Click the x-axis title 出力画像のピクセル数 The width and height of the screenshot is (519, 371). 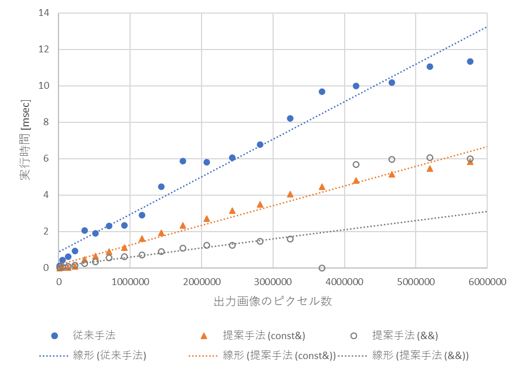(273, 302)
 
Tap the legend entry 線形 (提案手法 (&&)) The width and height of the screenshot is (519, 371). (420, 356)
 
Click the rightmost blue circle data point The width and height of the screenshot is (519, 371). (470, 61)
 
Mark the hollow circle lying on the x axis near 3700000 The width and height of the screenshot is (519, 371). (322, 268)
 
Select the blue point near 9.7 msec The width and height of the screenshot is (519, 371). (322, 92)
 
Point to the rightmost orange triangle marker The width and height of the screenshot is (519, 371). (470, 162)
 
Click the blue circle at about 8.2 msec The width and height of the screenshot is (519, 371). (290, 118)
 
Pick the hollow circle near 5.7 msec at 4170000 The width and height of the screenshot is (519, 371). (356, 164)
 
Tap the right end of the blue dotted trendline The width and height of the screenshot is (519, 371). (487, 27)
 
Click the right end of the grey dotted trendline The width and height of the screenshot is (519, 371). (487, 211)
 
